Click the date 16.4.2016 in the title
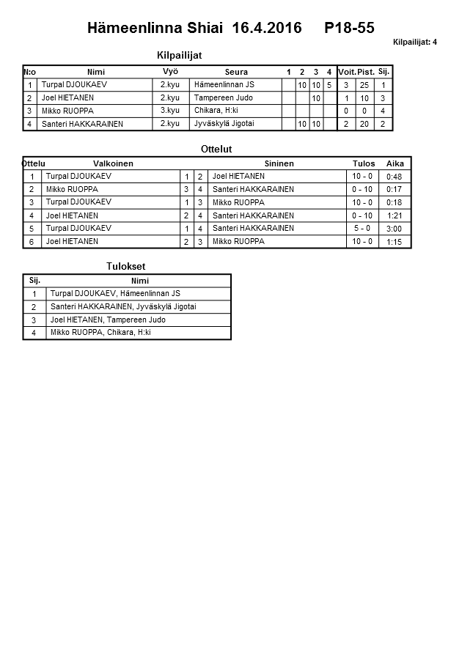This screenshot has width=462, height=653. click(266, 29)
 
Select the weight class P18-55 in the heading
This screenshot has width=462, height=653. click(349, 29)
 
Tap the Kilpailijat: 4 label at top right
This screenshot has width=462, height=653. click(415, 43)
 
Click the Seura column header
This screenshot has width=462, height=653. click(236, 72)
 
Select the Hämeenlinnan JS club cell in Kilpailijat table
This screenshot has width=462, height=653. click(224, 85)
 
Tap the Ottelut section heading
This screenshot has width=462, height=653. click(216, 149)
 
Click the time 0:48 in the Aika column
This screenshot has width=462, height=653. click(394, 177)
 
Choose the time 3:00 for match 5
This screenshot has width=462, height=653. click(394, 229)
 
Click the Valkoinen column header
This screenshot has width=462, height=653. click(113, 163)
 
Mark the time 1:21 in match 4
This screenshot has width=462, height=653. click(394, 216)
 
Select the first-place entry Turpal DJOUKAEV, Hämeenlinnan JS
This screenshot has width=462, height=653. click(115, 293)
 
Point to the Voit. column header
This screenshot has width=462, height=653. click(346, 72)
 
